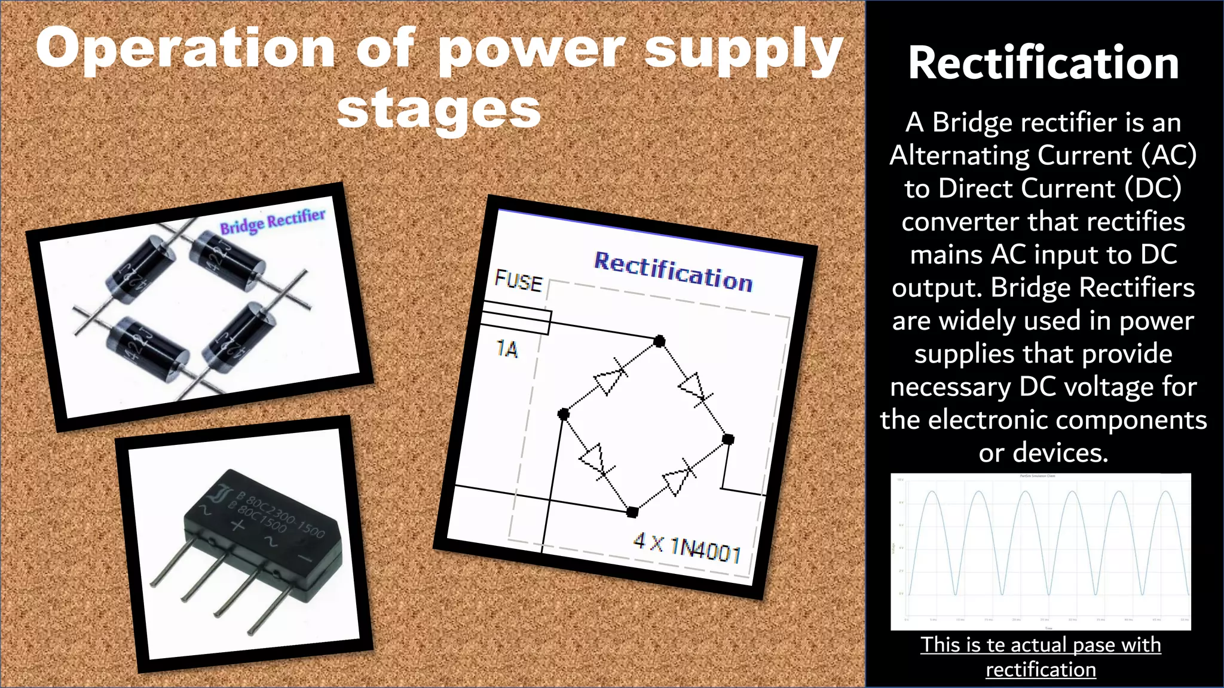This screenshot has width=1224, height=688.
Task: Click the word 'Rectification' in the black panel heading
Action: tap(1043, 63)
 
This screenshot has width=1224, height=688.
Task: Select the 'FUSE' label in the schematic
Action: tap(518, 281)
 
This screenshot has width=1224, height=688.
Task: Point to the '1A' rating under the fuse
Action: tap(507, 349)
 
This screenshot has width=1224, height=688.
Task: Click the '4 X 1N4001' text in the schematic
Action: tap(687, 546)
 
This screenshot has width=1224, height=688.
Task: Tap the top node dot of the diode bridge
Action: tap(659, 341)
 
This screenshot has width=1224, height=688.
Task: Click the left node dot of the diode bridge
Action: tap(563, 413)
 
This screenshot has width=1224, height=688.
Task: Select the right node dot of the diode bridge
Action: tap(727, 440)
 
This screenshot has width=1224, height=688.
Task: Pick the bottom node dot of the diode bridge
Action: tap(632, 512)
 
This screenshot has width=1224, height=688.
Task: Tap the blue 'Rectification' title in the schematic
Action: tap(673, 272)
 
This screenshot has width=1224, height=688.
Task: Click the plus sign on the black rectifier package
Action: tap(238, 526)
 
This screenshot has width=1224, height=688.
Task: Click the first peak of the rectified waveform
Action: tap(932, 492)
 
